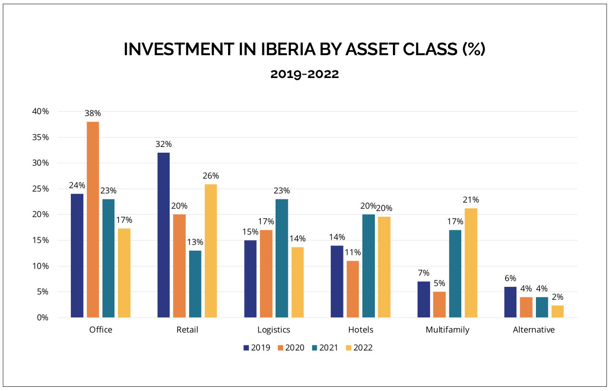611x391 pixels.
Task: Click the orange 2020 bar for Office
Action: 93,219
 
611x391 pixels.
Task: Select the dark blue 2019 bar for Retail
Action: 163,235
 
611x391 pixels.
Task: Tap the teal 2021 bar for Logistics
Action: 282,258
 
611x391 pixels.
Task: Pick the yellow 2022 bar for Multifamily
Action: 471,263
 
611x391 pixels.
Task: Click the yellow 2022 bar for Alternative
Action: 558,312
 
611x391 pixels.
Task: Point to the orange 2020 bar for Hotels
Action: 353,289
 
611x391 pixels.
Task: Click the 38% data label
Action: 93,114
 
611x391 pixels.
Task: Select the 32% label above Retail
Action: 163,144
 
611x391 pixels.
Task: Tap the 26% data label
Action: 210,176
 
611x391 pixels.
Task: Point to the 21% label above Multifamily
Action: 471,200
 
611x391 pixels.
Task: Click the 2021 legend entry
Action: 324,348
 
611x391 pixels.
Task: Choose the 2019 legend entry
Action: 257,348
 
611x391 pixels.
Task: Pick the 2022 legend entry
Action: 359,348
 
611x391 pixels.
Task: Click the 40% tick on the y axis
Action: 40,111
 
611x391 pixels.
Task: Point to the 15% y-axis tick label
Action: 40,240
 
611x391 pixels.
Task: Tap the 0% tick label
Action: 43,317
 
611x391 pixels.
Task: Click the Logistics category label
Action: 274,330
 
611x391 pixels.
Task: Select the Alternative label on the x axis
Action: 534,330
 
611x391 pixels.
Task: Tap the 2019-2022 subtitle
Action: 305,74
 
